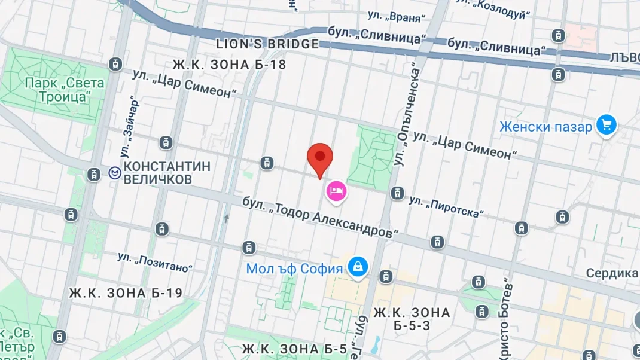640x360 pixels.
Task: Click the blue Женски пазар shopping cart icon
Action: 607,126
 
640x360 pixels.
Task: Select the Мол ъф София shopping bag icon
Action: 358,267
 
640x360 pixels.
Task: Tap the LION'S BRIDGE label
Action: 267,44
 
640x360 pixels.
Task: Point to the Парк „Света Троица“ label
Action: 65,90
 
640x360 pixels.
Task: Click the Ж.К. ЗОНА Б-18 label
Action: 229,65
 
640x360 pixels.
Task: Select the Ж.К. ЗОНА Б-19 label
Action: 126,293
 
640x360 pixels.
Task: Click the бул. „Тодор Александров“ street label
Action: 320,217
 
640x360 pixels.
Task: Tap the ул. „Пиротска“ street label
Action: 447,207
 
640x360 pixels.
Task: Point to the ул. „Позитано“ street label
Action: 156,263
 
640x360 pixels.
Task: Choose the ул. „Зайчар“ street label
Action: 133,120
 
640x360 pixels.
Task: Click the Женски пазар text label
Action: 545,127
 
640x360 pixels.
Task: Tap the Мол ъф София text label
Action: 294,269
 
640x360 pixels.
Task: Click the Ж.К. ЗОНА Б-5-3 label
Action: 412,319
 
